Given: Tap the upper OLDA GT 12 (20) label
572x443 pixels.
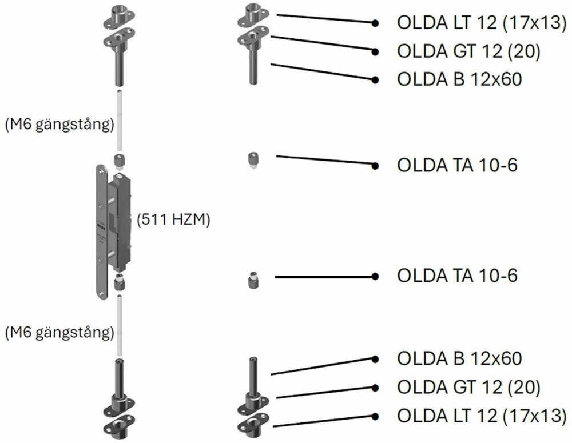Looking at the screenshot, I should tap(468, 51).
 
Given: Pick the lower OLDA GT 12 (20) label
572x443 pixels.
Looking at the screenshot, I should tap(468, 387).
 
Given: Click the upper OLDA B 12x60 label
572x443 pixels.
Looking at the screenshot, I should tap(459, 79).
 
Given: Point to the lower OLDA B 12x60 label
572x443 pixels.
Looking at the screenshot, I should tap(459, 358).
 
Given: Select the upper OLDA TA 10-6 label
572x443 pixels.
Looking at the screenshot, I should tap(457, 165).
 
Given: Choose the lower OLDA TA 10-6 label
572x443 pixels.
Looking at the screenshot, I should tap(457, 276).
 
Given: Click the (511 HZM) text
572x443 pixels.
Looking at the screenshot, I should tap(173, 219).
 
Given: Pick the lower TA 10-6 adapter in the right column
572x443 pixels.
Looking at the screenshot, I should tap(252, 280).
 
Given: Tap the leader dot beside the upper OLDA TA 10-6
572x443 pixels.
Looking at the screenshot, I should tap(375, 166).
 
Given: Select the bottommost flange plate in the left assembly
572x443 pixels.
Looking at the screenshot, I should tap(118, 427).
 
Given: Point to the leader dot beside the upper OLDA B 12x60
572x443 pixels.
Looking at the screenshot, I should tap(375, 79).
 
